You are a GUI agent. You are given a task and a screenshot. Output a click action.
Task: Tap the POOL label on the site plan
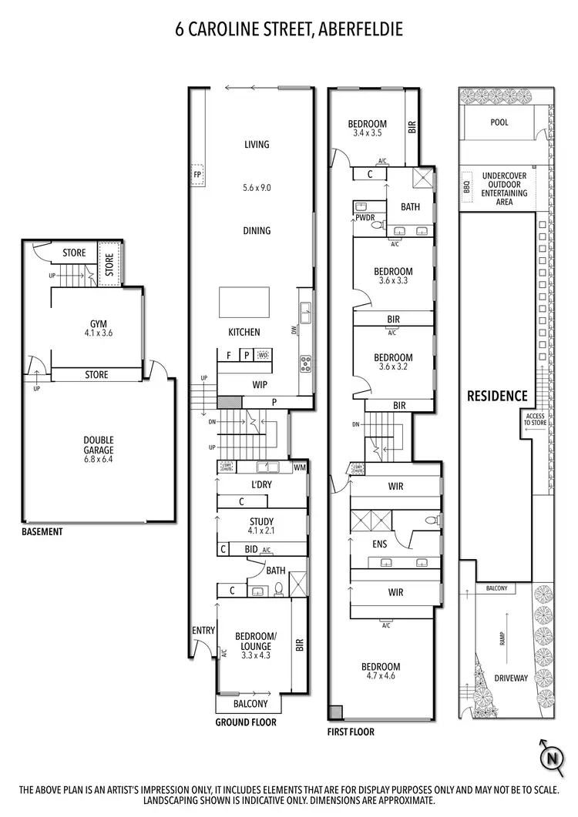[499, 122]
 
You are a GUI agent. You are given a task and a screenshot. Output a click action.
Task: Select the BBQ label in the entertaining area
[465, 187]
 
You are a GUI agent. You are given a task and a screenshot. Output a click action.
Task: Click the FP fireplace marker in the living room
[197, 174]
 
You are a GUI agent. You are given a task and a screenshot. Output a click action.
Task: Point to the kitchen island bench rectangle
[244, 302]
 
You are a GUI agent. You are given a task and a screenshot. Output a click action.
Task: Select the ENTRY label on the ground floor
[203, 631]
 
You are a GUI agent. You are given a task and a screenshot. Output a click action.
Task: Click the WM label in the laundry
[300, 467]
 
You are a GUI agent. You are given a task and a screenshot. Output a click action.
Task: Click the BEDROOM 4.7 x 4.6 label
[383, 671]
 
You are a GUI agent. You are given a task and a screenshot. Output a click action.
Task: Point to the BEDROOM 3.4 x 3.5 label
[367, 128]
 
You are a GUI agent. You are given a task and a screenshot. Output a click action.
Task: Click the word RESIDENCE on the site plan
[497, 396]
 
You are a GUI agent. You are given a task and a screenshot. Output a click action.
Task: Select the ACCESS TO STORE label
[534, 420]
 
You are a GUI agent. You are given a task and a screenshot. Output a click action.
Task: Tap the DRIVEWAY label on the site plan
[510, 678]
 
